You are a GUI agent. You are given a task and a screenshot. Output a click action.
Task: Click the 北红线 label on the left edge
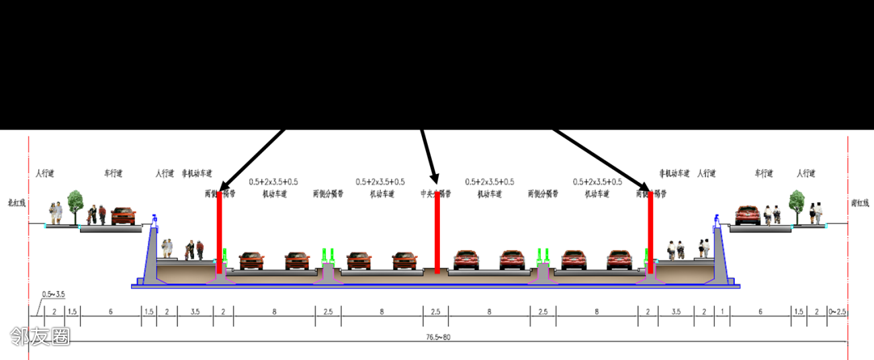16,202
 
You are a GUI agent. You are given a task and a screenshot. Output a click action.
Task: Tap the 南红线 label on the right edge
859,202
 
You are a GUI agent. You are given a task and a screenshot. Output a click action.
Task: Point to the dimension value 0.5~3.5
53,294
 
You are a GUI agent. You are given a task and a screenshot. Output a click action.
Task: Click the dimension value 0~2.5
837,312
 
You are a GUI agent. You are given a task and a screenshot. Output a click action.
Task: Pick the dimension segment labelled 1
722,312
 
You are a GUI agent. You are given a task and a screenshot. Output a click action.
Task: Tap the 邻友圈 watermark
40,336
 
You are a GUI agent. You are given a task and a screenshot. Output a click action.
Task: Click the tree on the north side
75,204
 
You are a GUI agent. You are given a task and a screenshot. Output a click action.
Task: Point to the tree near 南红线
797,204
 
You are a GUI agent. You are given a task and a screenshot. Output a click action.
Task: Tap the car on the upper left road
123,216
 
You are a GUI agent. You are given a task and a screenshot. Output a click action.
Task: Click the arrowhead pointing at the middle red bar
435,177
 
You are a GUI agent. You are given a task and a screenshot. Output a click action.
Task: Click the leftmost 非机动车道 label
196,174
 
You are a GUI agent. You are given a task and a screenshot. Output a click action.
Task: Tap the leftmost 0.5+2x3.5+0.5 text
273,181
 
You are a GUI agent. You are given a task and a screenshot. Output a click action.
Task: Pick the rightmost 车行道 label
764,174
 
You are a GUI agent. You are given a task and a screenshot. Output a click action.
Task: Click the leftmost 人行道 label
44,174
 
